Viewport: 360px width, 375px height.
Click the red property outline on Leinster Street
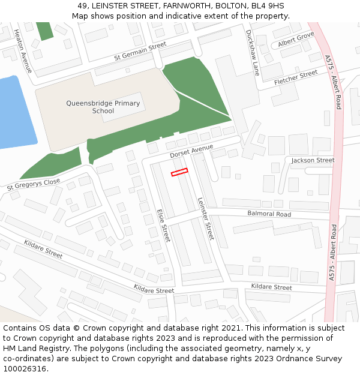point(179,172)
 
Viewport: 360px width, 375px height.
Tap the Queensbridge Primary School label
point(103,107)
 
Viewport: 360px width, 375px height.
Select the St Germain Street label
point(140,52)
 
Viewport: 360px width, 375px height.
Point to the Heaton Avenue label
point(23,51)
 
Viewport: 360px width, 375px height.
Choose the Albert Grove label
point(296,40)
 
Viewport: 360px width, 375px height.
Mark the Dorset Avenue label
point(191,151)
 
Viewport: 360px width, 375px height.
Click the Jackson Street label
point(313,160)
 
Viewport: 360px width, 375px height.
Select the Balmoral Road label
point(269,214)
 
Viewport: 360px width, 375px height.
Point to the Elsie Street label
point(164,226)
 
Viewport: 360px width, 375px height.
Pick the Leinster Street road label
point(205,220)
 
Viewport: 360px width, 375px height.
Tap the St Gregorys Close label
point(34,184)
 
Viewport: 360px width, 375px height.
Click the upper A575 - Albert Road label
point(334,82)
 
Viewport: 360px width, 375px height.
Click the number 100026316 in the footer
point(25,368)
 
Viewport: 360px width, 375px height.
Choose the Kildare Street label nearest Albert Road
point(271,287)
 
